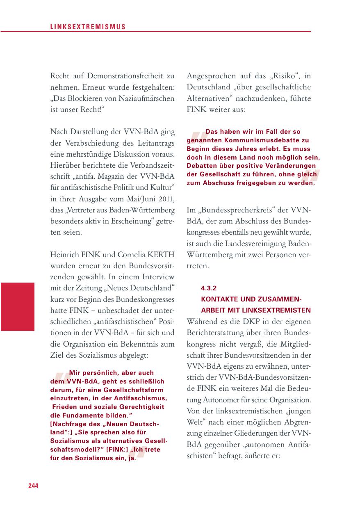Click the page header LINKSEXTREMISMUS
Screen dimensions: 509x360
point(88,27)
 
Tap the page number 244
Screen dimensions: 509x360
point(33,486)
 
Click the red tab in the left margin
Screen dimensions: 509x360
point(17,306)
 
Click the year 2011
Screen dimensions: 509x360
point(167,200)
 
